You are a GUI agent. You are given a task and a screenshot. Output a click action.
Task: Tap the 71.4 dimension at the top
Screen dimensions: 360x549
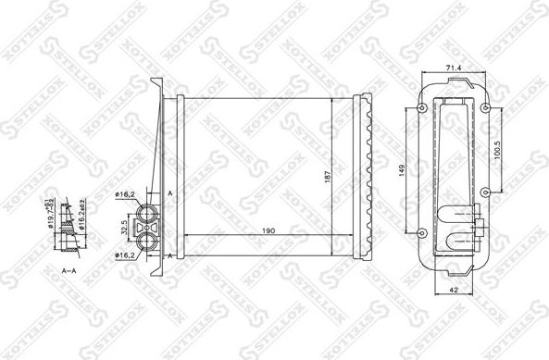pos(454,68)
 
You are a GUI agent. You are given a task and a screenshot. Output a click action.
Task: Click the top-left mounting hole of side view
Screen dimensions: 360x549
pos(422,108)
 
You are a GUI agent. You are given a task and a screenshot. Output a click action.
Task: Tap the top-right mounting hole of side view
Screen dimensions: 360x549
pos(486,108)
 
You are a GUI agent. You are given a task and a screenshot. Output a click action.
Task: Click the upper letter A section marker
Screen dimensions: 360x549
pos(170,192)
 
